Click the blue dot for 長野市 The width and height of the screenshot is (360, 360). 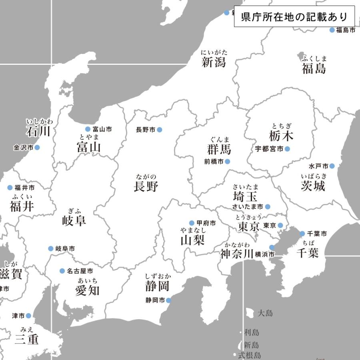tap(160, 130)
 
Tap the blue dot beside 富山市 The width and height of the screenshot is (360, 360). tap(88, 129)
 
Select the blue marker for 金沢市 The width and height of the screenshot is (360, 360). tap(37, 148)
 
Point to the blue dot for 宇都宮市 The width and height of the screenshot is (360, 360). tap(287, 149)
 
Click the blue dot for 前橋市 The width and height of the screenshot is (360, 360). tap(228, 162)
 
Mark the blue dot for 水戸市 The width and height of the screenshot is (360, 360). tap(332, 166)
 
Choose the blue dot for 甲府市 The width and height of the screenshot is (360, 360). tap(192, 223)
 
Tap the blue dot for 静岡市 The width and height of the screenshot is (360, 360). tap(168, 300)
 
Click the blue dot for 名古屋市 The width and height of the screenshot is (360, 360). tap(62, 271)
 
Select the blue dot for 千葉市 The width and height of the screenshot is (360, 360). tap(302, 234)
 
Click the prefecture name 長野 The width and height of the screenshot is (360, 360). tap(146, 186)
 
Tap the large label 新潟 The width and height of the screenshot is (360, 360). tap(214, 62)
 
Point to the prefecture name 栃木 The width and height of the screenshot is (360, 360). tap(281, 136)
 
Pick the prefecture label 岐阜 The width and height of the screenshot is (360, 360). tap(74, 220)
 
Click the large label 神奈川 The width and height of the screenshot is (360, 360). tap(237, 254)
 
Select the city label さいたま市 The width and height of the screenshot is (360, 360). tap(248, 207)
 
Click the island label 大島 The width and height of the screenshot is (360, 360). tap(265, 313)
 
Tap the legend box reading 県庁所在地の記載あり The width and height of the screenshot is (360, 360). tap(294, 17)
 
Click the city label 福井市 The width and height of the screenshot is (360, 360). tap(25, 188)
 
